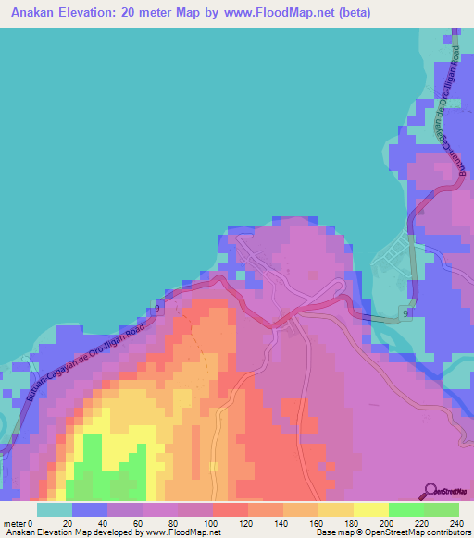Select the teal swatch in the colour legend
click(55, 508)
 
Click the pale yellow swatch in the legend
click(370, 508)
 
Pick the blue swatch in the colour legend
click(90, 508)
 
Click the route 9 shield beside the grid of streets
click(406, 313)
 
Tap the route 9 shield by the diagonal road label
click(158, 307)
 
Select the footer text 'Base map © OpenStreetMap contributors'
click(392, 532)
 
